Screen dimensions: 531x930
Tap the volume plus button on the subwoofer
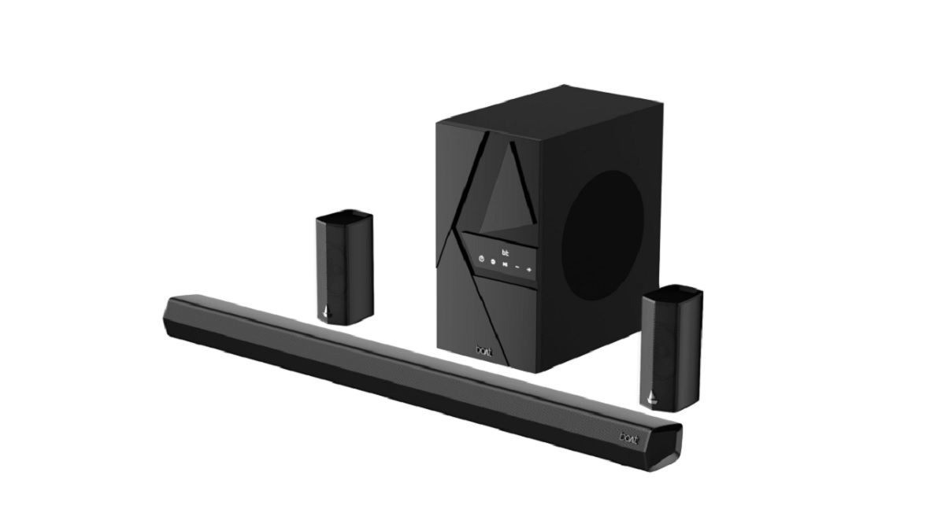tap(529, 271)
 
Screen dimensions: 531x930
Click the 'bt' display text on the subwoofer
tap(505, 252)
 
